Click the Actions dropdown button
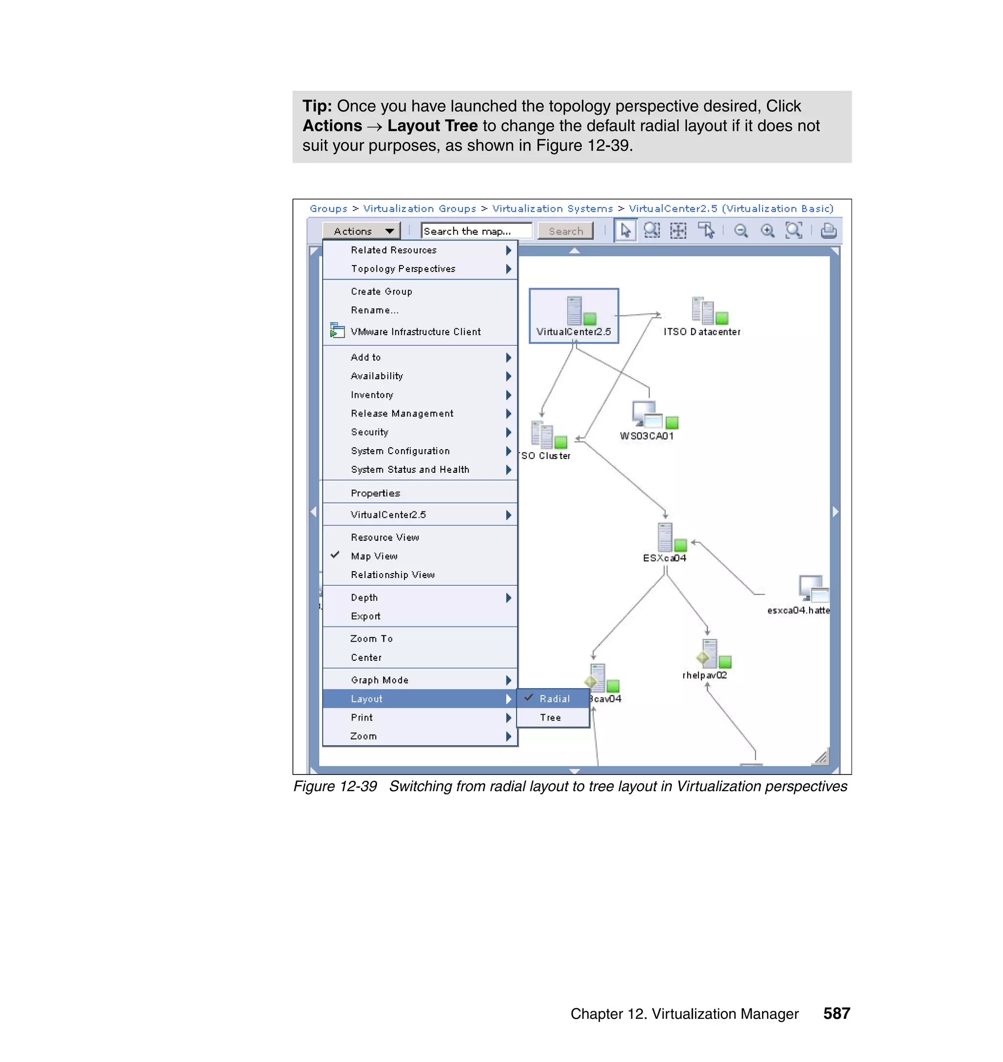pyautogui.click(x=362, y=231)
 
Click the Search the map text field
pyautogui.click(x=476, y=231)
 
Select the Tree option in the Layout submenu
pyautogui.click(x=550, y=718)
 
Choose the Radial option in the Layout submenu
pyautogui.click(x=554, y=699)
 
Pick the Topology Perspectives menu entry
pyautogui.click(x=403, y=269)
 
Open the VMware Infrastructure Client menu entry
pyautogui.click(x=415, y=332)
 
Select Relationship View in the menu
pyautogui.click(x=392, y=575)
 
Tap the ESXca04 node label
pyautogui.click(x=665, y=558)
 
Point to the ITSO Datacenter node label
pyautogui.click(x=702, y=332)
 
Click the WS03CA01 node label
pyautogui.click(x=647, y=436)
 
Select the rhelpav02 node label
pyautogui.click(x=705, y=676)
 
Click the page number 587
pyautogui.click(x=836, y=1014)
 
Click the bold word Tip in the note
pyautogui.click(x=317, y=106)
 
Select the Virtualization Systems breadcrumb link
pyautogui.click(x=552, y=209)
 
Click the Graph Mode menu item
pyautogui.click(x=380, y=680)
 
